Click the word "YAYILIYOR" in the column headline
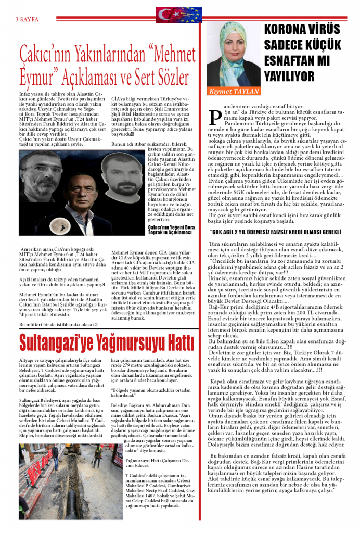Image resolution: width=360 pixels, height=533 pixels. [289, 77]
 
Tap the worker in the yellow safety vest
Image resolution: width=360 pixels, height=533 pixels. [97, 449]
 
